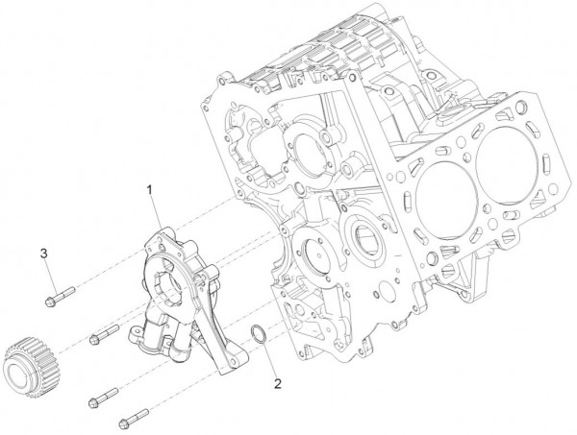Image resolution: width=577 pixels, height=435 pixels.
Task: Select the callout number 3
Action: pyautogui.click(x=44, y=253)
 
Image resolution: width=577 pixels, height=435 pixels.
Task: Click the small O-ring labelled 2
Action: pyautogui.click(x=259, y=335)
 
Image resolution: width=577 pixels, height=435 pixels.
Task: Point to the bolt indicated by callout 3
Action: pyautogui.click(x=60, y=295)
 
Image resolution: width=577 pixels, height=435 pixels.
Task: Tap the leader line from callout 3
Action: pyautogui.click(x=48, y=273)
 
